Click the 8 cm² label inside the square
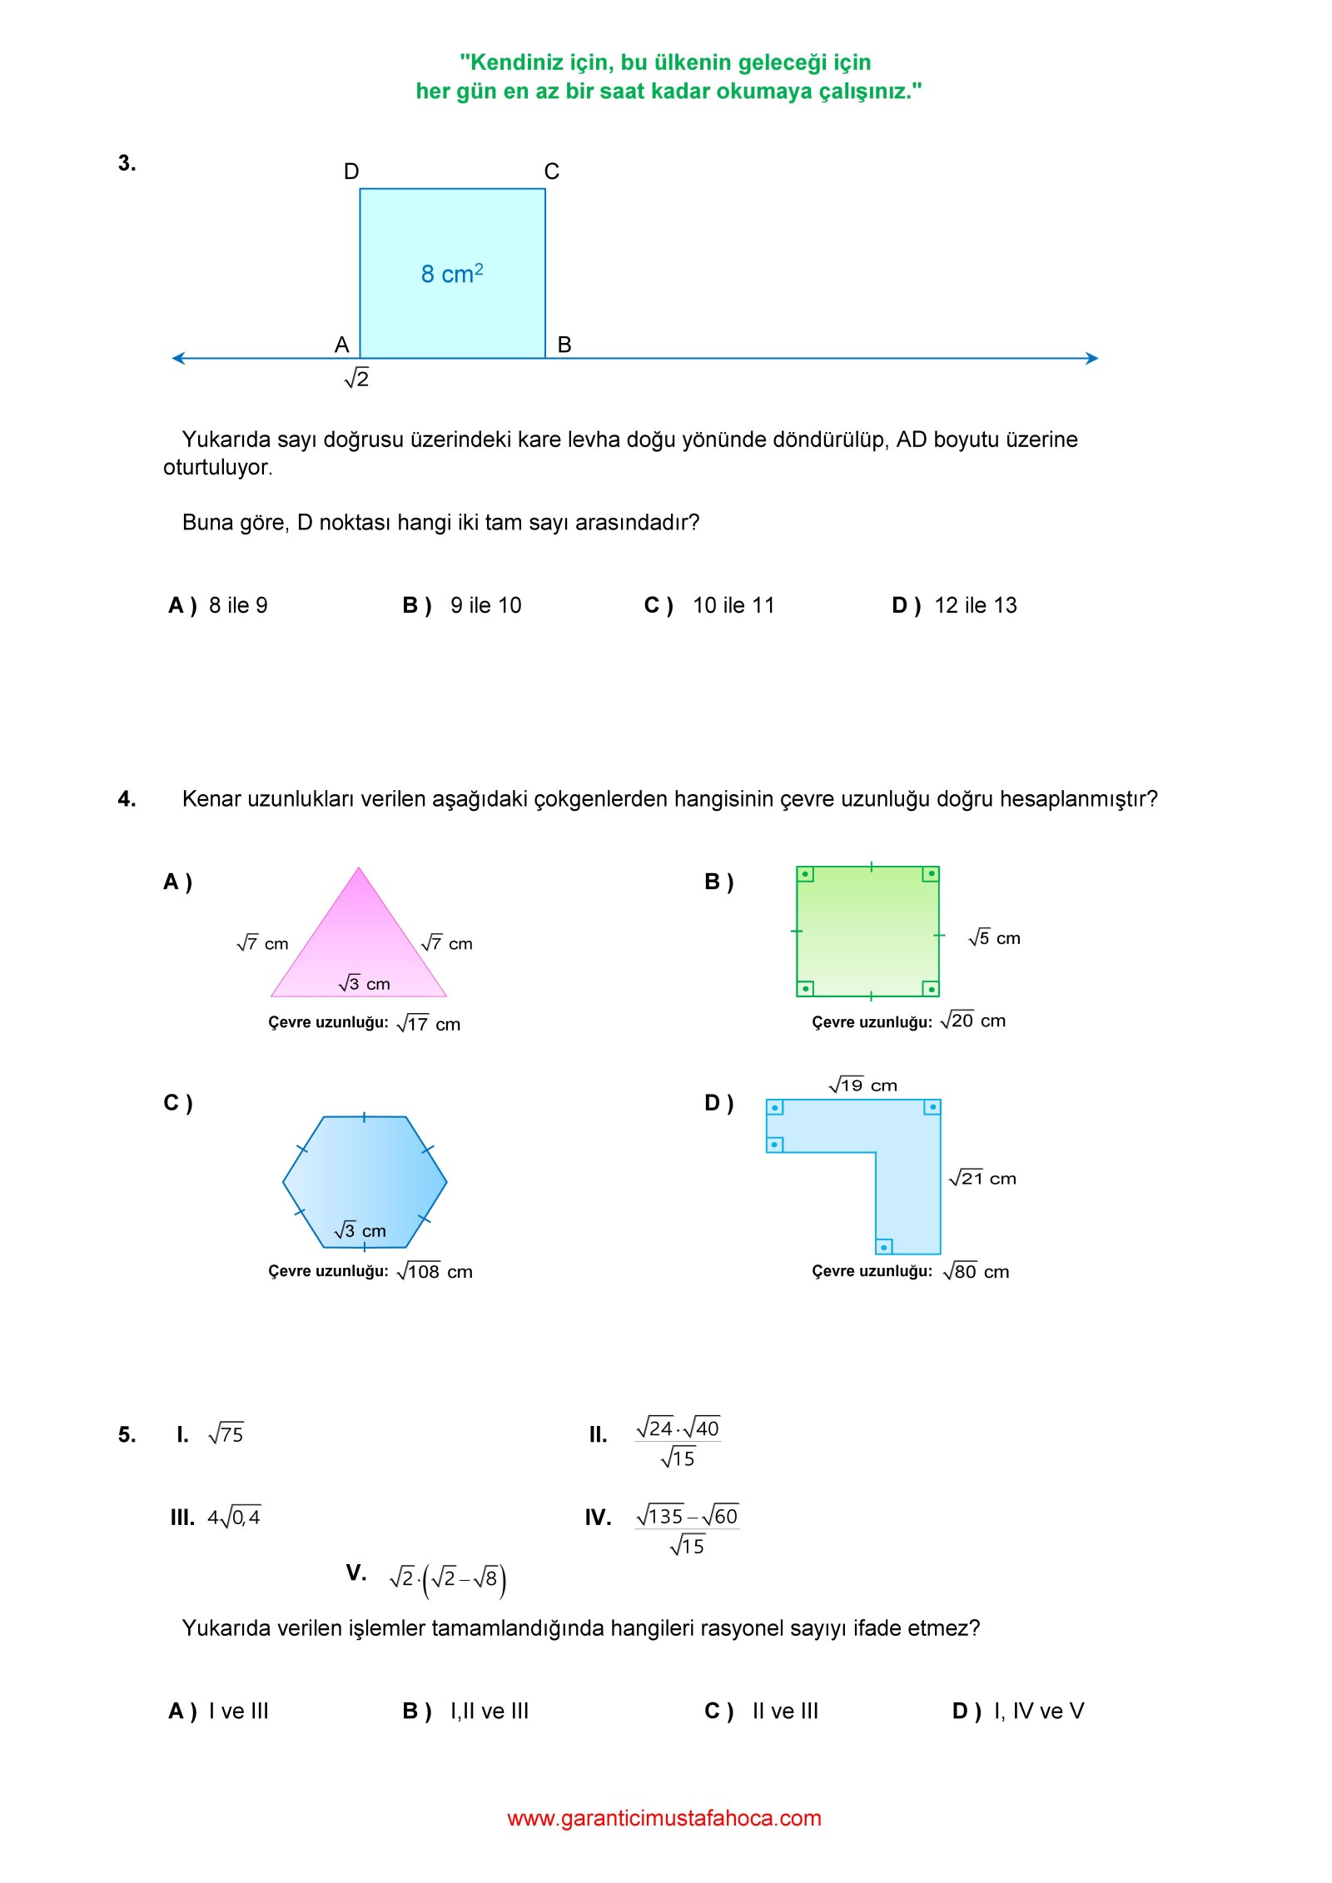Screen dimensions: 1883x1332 [452, 274]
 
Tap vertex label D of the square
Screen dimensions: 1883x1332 [351, 171]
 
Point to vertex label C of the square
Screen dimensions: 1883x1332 [551, 171]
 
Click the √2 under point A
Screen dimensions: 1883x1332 [356, 379]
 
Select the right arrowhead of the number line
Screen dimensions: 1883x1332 [1091, 359]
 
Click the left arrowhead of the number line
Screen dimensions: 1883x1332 [178, 359]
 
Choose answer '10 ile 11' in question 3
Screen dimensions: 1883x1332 [733, 605]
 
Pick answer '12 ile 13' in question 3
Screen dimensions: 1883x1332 [975, 605]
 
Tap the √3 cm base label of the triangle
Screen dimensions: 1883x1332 [365, 984]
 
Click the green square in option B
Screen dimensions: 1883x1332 [867, 931]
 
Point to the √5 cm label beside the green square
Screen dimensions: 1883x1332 [994, 938]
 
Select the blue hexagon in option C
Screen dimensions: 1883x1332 [365, 1180]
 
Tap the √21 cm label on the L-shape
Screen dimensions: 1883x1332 [982, 1178]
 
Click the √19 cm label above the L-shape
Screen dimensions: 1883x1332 [863, 1085]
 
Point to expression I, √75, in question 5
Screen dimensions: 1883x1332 [226, 1433]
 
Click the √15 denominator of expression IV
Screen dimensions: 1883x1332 [687, 1546]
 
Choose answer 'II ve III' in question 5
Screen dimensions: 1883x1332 [785, 1711]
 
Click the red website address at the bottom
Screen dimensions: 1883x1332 [664, 1818]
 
